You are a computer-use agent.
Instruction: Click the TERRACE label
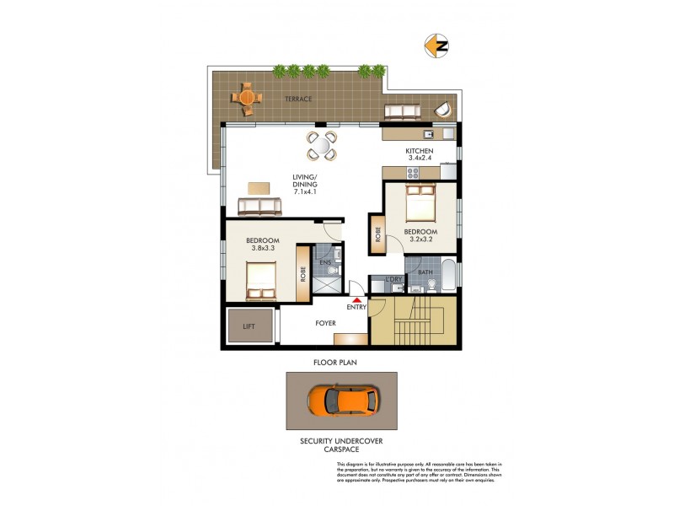(298, 100)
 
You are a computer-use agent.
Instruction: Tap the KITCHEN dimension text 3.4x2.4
(419, 158)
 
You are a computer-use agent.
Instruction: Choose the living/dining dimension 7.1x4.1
(305, 193)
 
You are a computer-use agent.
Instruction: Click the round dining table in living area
(321, 145)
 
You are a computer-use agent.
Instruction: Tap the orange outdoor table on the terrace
(247, 98)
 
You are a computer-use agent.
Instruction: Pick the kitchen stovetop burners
(414, 173)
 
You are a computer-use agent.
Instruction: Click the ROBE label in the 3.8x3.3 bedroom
(302, 274)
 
